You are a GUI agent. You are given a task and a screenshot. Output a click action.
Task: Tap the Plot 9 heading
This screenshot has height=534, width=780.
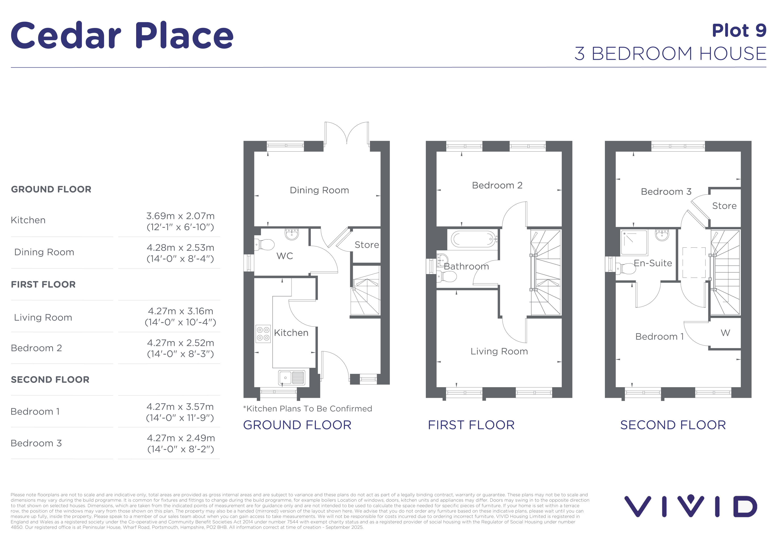click(739, 31)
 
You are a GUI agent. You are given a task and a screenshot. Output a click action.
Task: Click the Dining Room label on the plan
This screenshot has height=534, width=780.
click(319, 190)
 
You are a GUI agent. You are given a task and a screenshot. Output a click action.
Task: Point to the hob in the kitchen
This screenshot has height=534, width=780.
click(263, 334)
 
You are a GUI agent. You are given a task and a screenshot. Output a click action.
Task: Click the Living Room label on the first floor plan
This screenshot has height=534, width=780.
click(499, 352)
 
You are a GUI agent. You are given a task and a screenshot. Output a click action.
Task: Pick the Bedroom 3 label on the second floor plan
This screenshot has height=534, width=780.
click(666, 192)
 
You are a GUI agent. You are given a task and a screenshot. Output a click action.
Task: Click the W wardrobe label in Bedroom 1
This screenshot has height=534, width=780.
click(725, 333)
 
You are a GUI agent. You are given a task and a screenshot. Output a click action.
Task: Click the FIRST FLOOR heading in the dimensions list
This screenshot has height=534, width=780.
click(43, 285)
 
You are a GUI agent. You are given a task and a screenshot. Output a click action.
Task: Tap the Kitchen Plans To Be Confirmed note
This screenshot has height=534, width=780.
click(307, 409)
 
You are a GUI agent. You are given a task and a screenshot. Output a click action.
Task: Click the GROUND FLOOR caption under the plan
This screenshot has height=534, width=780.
click(297, 425)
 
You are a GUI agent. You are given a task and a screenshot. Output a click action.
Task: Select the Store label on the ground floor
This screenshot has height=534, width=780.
click(367, 245)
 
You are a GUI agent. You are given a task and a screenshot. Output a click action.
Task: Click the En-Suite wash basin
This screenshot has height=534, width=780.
click(662, 235)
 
